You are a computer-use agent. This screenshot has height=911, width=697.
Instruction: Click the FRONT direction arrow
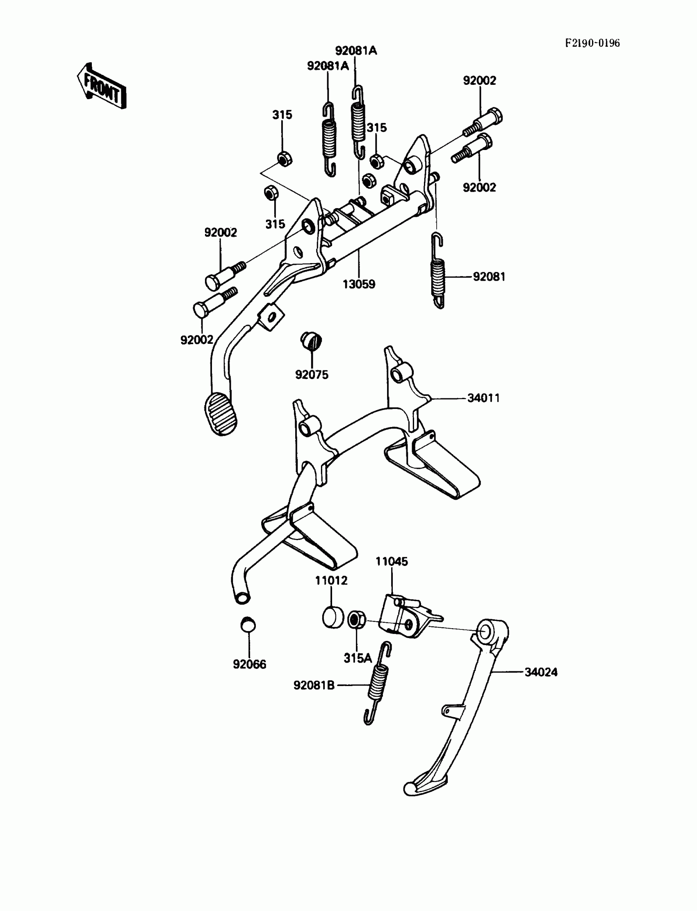click(x=102, y=86)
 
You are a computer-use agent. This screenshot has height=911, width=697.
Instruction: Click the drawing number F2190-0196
click(x=592, y=43)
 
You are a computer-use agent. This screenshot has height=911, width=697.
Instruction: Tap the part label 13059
click(x=358, y=284)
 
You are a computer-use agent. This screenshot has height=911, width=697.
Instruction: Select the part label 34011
click(x=483, y=398)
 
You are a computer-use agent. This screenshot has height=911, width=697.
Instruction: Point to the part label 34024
click(x=541, y=672)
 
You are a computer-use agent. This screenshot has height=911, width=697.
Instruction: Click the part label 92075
click(x=312, y=375)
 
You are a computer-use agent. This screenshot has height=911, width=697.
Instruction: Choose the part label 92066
click(x=249, y=664)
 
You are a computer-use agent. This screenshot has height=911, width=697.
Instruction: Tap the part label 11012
click(x=331, y=581)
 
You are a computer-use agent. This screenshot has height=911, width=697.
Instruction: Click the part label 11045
click(x=392, y=561)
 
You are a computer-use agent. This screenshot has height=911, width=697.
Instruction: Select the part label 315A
click(x=358, y=658)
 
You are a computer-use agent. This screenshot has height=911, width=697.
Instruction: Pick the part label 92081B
click(x=314, y=686)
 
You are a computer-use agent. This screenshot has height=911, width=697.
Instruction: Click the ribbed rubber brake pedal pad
click(x=221, y=414)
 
